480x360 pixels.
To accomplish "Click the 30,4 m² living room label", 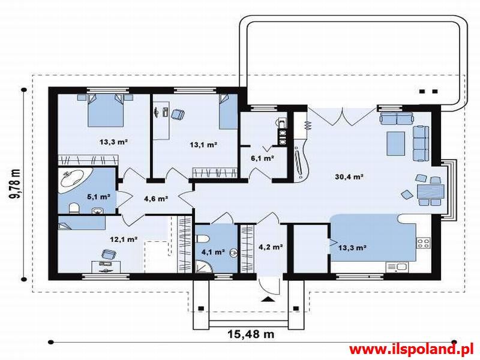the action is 349,176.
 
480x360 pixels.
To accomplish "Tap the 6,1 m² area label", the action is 262,158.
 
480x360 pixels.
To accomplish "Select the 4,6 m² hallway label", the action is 156,199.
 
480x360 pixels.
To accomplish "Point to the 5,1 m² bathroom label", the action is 98,197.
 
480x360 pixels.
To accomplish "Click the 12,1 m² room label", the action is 124,239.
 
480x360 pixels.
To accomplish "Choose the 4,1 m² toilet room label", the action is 214,252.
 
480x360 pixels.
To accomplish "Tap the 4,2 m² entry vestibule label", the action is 271,247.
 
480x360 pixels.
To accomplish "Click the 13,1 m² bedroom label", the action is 203,145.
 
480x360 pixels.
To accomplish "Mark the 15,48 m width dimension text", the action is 251,334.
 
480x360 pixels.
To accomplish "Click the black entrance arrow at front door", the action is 268,299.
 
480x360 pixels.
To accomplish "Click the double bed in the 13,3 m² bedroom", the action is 106,110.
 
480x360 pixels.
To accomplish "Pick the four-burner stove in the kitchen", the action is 424,244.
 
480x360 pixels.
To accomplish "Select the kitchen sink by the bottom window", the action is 397,267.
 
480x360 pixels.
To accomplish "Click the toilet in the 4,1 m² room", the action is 203,238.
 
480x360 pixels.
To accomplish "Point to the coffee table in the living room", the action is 396,143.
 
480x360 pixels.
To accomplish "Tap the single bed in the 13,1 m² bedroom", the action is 229,112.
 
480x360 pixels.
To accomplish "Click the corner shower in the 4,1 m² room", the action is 204,266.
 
